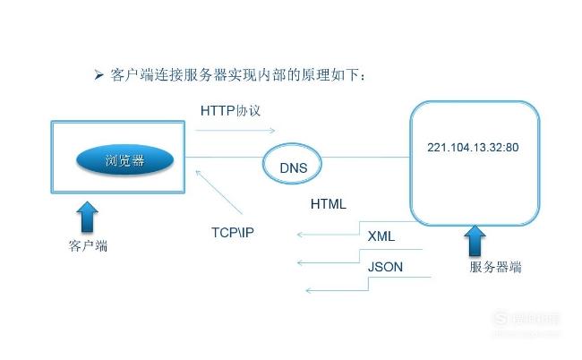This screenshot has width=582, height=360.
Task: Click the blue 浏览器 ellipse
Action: tap(124, 160)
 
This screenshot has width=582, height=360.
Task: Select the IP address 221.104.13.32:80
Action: tap(473, 148)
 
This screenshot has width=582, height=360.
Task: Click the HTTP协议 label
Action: tap(230, 111)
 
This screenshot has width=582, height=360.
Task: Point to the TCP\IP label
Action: tap(233, 233)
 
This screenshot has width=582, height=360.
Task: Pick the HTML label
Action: tap(328, 204)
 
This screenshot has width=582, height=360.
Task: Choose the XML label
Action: tap(381, 236)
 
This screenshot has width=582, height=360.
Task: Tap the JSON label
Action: tap(385, 267)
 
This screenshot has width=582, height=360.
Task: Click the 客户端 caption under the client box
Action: tap(88, 245)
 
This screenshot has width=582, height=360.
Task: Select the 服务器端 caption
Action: tap(495, 267)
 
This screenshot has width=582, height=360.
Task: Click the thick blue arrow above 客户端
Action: tap(87, 217)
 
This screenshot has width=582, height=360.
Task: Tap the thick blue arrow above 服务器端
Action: tap(475, 241)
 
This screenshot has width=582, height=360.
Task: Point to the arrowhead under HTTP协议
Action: tap(273, 130)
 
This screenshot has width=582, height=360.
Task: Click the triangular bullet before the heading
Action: tap(98, 75)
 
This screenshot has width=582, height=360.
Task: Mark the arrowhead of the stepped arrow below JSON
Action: tap(309, 290)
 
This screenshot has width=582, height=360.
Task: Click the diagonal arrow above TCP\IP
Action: tap(218, 192)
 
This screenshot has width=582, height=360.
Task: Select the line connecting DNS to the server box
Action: tap(365, 157)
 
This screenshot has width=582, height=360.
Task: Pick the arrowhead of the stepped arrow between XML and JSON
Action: tap(301, 262)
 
